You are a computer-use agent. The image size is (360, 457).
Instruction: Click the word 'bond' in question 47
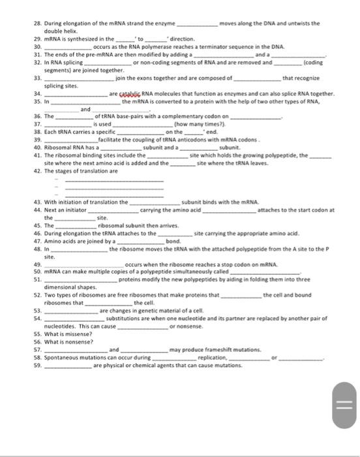point(173,241)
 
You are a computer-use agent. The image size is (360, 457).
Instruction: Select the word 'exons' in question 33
point(150,78)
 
